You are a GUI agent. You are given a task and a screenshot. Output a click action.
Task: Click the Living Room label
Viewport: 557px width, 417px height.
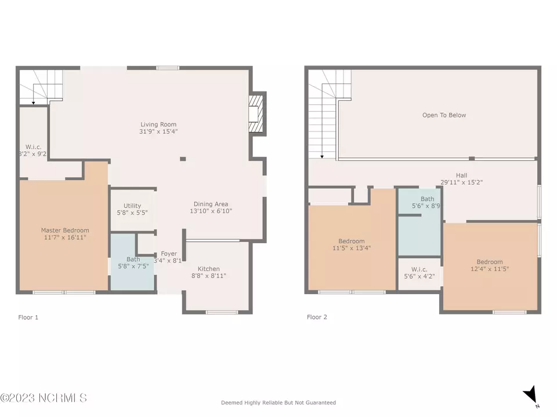tap(158, 125)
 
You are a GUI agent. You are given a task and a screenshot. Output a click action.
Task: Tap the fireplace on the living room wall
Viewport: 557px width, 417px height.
tap(256, 114)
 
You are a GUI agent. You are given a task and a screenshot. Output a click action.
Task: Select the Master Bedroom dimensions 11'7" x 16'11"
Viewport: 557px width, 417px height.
tap(65, 237)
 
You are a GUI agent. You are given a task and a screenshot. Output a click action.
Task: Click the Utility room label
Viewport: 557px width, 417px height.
tap(132, 206)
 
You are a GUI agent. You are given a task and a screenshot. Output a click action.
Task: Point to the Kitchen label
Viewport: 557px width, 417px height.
tap(208, 269)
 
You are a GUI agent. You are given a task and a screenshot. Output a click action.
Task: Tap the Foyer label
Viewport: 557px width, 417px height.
tap(169, 254)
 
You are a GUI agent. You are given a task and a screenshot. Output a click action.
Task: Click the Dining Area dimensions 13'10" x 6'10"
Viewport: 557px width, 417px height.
tap(211, 211)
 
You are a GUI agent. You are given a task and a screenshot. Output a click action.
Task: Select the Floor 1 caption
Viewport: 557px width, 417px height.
tap(28, 317)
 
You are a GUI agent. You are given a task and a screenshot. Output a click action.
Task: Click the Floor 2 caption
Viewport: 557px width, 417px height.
tap(317, 317)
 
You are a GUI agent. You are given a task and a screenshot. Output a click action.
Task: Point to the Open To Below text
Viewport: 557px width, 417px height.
tap(444, 115)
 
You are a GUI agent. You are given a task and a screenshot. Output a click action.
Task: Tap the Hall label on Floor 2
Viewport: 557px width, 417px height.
tap(461, 175)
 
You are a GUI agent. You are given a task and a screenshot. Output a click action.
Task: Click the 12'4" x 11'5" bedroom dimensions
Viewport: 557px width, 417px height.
tap(490, 269)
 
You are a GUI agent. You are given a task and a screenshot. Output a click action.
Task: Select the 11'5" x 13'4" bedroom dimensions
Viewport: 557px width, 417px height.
tap(352, 248)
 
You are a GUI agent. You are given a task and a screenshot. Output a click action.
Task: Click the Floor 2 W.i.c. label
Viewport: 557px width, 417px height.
tap(419, 269)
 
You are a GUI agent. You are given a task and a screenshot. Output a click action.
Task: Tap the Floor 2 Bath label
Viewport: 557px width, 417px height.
tap(428, 199)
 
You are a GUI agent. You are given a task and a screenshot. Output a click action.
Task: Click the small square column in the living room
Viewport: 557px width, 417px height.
tap(183, 159)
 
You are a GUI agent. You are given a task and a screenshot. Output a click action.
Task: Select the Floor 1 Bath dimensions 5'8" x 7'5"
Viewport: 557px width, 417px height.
tap(133, 266)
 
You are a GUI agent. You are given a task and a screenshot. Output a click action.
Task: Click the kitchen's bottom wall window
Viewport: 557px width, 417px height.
tap(222, 312)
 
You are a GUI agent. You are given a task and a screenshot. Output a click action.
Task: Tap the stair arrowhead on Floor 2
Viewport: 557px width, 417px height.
tap(322, 156)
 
